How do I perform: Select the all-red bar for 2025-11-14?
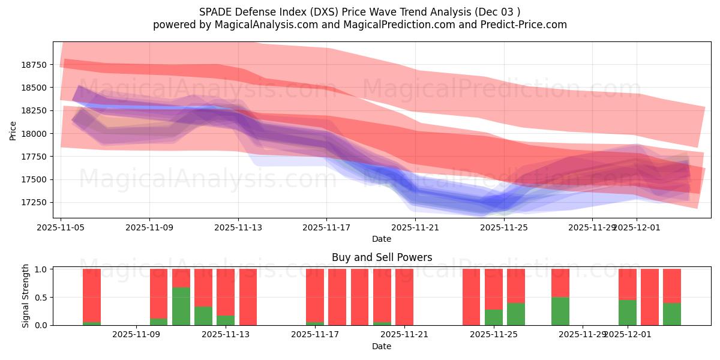pyautogui.click(x=248, y=297)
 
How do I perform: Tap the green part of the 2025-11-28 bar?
pyautogui.click(x=560, y=311)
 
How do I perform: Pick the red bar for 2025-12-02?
pyautogui.click(x=650, y=297)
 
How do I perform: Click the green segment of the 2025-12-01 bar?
pyautogui.click(x=628, y=312)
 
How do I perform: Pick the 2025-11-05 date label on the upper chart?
pyautogui.click(x=61, y=228)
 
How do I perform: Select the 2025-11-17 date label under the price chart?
pyautogui.click(x=326, y=228)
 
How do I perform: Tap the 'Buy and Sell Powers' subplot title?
pyautogui.click(x=382, y=257)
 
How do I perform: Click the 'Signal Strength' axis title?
pyautogui.click(x=26, y=296)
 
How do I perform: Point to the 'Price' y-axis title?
pyautogui.click(x=13, y=130)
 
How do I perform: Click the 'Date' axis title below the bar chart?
pyautogui.click(x=382, y=346)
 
